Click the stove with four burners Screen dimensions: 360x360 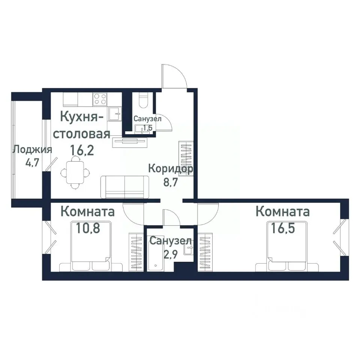(100, 99)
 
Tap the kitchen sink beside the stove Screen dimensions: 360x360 (115, 114)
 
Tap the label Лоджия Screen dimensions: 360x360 (32, 150)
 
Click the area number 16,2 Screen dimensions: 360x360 (81, 150)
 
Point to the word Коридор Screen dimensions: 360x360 (171, 168)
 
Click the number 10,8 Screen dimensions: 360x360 (88, 228)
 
